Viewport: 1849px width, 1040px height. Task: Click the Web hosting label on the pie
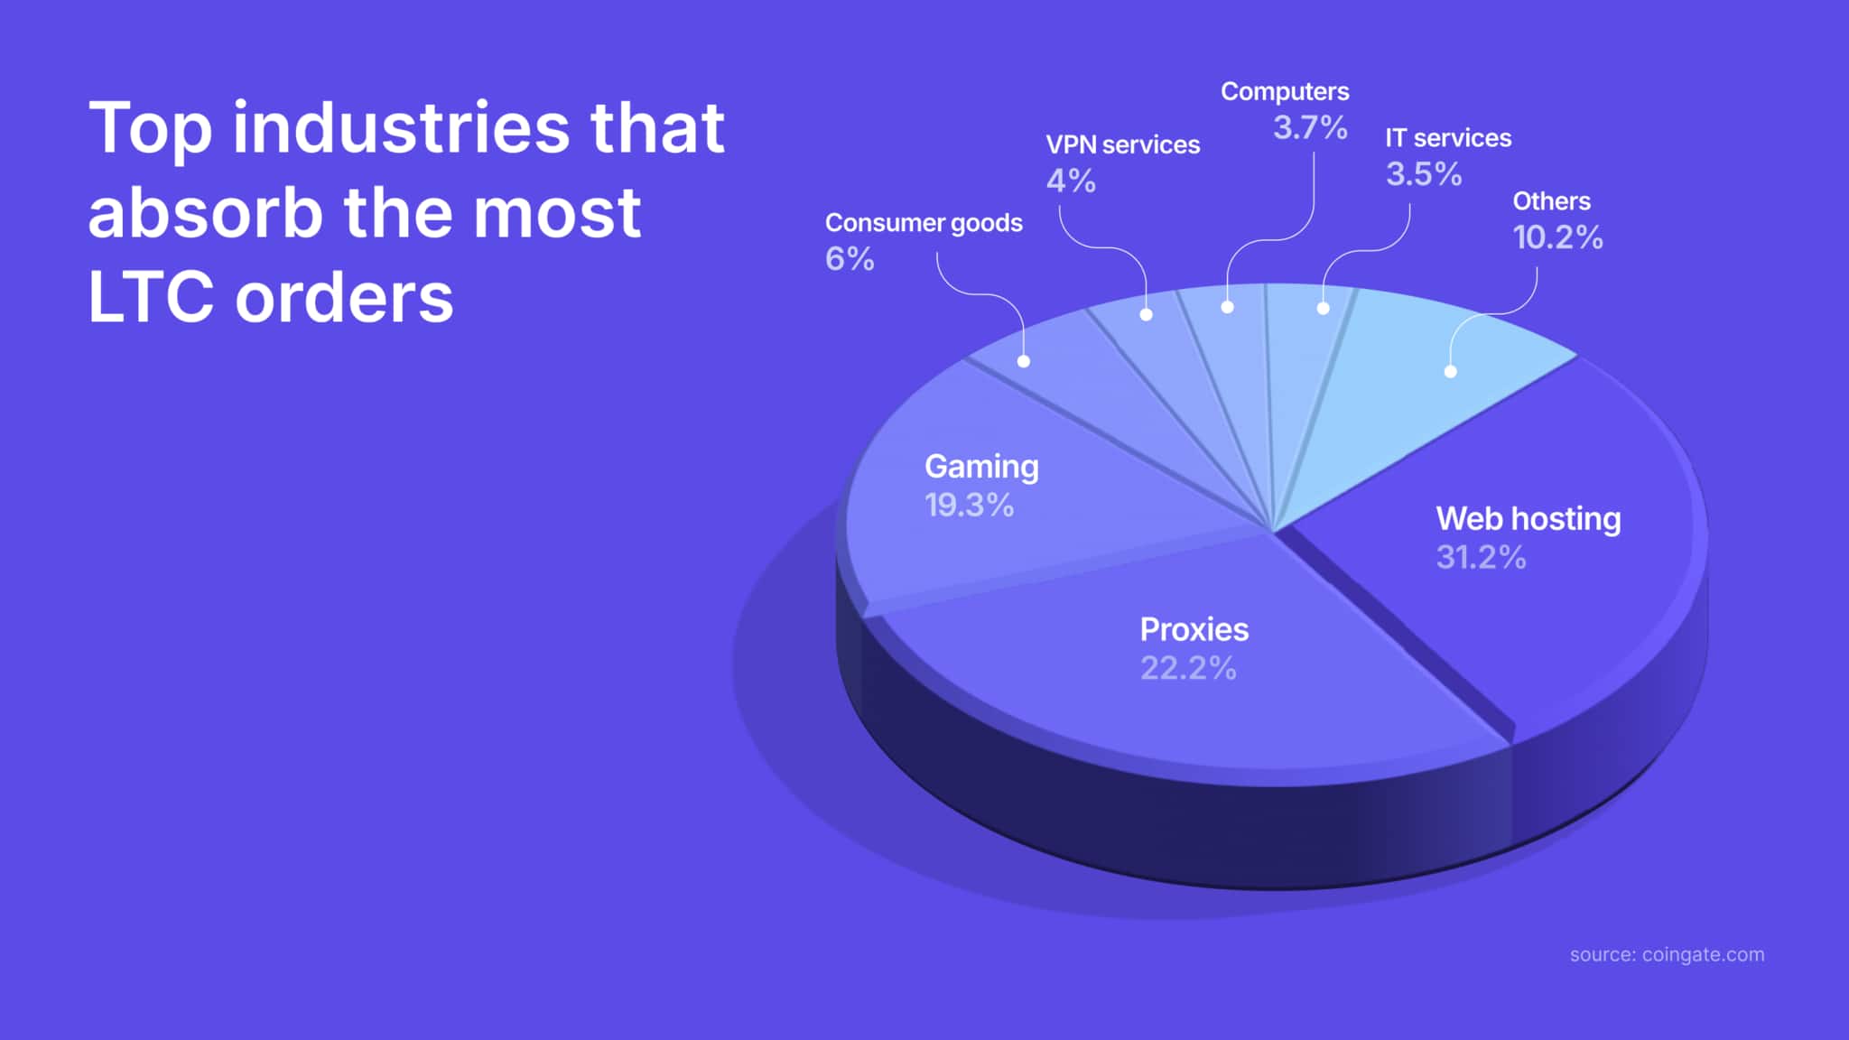(1528, 519)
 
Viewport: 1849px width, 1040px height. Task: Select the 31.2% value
(1481, 557)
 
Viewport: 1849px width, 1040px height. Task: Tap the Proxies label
(1194, 629)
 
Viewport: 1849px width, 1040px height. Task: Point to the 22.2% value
(1187, 668)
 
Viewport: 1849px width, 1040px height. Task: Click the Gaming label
(981, 467)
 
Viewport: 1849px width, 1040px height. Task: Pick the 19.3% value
(969, 505)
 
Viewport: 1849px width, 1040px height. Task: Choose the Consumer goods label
(924, 223)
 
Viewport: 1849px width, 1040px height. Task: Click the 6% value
(850, 259)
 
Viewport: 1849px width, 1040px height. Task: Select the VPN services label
(1122, 144)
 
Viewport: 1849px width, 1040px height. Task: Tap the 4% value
(1071, 181)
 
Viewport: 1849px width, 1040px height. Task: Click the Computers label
(1285, 91)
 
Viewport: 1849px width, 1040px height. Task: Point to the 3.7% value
(1310, 127)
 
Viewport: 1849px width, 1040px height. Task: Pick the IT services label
(1448, 138)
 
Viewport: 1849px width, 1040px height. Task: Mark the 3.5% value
(1424, 174)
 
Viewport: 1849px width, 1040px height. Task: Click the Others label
(1551, 201)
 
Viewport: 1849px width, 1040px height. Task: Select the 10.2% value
(1557, 237)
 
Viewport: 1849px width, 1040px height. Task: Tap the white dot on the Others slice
(1450, 371)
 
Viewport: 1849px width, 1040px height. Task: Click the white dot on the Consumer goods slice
(1023, 361)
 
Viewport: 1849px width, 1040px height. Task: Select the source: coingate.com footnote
(1667, 954)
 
